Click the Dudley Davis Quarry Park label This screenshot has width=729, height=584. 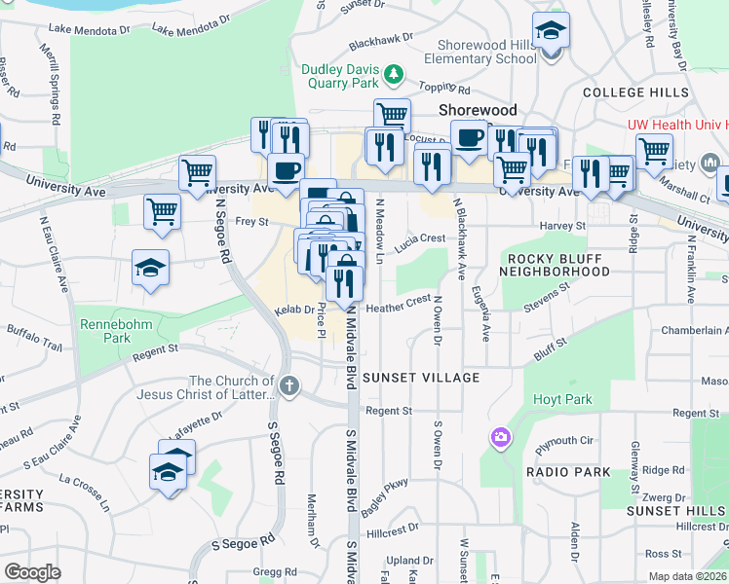click(x=338, y=76)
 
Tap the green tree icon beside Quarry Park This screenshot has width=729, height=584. click(x=393, y=73)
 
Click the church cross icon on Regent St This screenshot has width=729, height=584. click(x=288, y=386)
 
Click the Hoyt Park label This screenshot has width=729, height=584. click(x=555, y=399)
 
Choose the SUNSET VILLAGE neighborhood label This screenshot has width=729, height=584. click(x=420, y=377)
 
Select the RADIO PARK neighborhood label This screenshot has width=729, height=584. click(x=568, y=472)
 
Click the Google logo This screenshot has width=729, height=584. click(x=32, y=572)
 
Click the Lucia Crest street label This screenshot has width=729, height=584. click(x=420, y=237)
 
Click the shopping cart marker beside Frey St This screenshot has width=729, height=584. click(x=162, y=212)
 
